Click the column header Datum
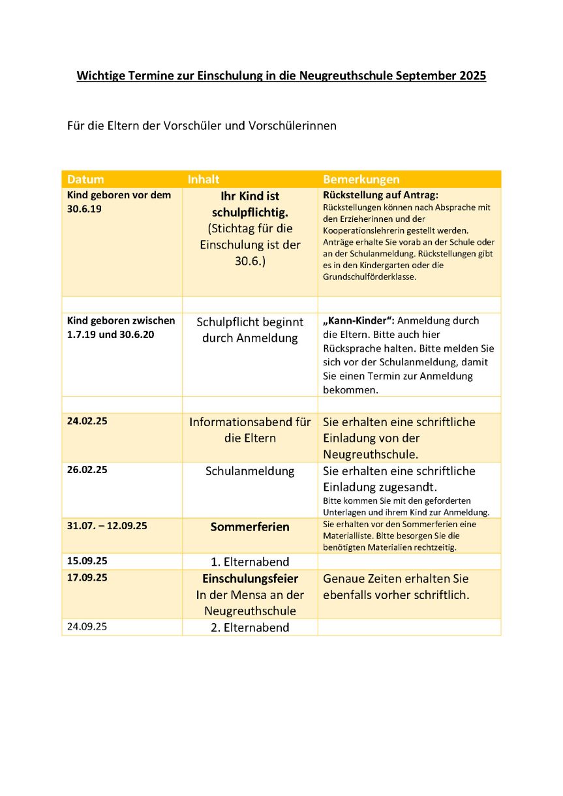(x=85, y=179)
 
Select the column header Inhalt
(x=204, y=179)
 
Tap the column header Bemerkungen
(x=361, y=179)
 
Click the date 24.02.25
(x=87, y=421)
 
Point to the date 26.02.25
(x=87, y=470)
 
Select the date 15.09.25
(x=87, y=560)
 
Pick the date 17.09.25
(x=87, y=577)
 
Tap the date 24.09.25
(x=87, y=626)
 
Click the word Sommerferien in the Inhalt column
(x=250, y=527)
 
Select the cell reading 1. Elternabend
(x=250, y=562)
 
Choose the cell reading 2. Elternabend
(x=250, y=628)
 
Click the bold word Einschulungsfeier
(x=250, y=579)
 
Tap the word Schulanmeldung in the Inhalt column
(x=250, y=471)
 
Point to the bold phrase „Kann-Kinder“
(x=358, y=320)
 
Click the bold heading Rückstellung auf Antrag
(x=380, y=195)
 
